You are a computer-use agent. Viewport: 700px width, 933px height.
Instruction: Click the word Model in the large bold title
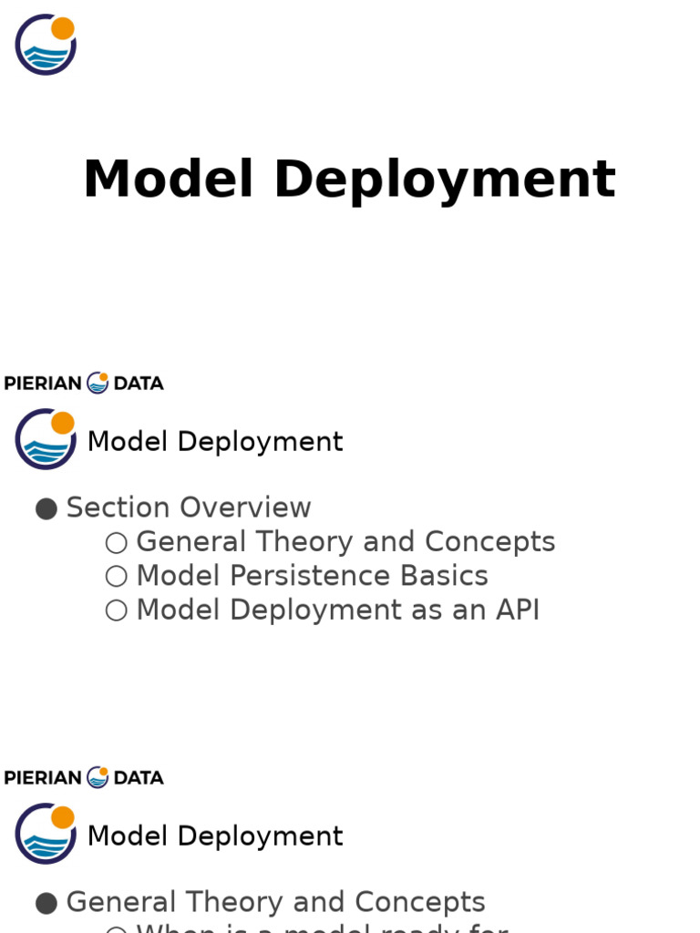168,179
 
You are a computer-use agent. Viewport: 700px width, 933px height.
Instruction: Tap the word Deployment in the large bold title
445,179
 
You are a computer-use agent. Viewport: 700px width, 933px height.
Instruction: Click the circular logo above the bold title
46,45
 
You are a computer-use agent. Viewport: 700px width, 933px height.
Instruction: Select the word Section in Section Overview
118,508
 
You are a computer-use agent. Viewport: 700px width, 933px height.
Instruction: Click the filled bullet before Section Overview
46,508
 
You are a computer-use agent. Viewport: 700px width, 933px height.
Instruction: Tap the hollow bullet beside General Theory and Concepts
116,543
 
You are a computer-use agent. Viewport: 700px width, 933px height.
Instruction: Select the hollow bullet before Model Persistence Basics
116,577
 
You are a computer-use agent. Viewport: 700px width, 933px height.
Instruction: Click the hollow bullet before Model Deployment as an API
116,610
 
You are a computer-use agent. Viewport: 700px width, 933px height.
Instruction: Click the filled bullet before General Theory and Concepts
46,903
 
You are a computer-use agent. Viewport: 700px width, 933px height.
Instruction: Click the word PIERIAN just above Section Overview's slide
43,384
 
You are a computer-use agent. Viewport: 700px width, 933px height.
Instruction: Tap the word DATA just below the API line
139,778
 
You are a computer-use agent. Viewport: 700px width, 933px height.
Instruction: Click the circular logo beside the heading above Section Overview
46,439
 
